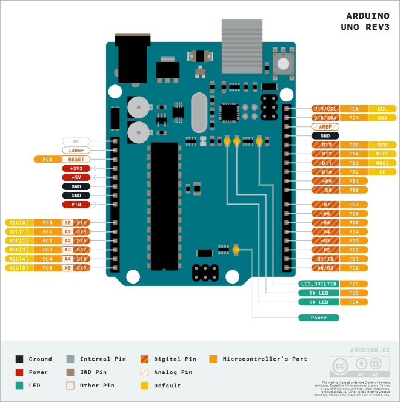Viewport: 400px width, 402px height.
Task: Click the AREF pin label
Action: (x=325, y=127)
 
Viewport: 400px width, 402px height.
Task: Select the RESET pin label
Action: (x=76, y=159)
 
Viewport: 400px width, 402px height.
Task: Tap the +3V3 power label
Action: (x=76, y=168)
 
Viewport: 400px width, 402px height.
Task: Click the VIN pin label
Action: (x=76, y=205)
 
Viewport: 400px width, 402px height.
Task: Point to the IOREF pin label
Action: (x=76, y=150)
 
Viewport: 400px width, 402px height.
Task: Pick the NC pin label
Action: (x=76, y=141)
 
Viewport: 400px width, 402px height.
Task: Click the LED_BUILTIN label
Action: (x=319, y=284)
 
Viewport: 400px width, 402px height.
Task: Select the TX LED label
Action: (x=319, y=293)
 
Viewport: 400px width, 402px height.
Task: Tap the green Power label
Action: (x=319, y=318)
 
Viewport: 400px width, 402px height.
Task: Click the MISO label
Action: (x=382, y=154)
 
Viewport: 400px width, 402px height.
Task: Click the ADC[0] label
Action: (x=19, y=223)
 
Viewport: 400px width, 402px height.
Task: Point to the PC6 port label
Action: (x=47, y=159)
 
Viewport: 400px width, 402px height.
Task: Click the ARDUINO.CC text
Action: (x=370, y=350)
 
